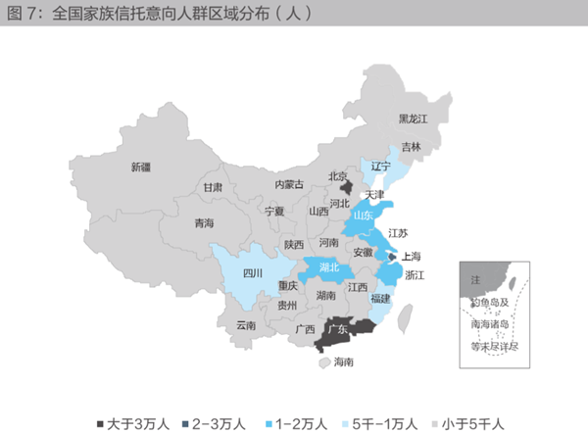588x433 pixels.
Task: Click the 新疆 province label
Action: pos(141,167)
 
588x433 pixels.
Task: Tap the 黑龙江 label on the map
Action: pos(413,119)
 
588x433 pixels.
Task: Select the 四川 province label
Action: pos(253,273)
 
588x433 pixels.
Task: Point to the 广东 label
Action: pos(336,329)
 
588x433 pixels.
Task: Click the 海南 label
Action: pos(343,361)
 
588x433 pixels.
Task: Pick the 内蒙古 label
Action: pos(289,184)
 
